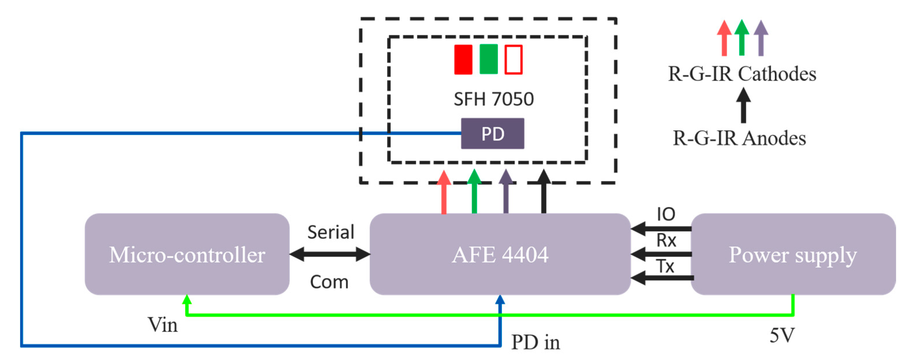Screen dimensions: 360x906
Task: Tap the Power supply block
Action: tap(793, 254)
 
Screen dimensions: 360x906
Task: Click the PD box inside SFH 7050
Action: tap(492, 133)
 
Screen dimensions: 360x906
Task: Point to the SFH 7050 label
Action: tap(494, 99)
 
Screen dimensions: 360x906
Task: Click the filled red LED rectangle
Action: tap(463, 59)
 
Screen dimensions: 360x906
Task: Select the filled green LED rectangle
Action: tap(489, 59)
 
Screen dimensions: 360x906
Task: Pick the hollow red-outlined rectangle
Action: tap(513, 59)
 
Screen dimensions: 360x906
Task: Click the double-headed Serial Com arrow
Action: tap(330, 254)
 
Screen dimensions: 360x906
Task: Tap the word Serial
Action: tap(331, 232)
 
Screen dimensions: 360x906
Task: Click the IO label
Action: tap(666, 214)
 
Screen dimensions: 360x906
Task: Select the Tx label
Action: tap(665, 266)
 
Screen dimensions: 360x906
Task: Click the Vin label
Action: tap(162, 325)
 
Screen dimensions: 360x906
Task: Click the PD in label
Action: tap(535, 342)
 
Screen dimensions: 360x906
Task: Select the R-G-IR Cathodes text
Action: tap(742, 74)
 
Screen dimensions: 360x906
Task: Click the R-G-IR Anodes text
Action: tap(739, 138)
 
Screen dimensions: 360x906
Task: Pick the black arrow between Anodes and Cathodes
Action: tap(743, 105)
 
